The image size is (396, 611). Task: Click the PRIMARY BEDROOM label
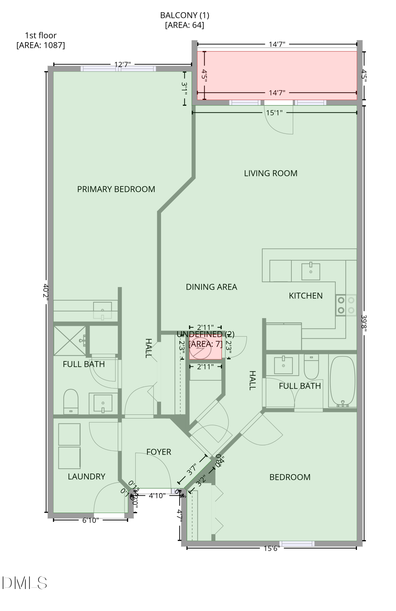tap(116, 189)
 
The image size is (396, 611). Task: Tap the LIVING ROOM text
tap(270, 173)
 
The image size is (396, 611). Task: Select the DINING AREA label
tap(211, 287)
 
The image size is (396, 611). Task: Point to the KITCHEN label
tap(305, 296)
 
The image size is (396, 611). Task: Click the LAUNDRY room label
tap(86, 476)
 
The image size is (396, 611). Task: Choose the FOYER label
tap(159, 452)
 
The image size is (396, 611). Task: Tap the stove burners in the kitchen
tap(346, 305)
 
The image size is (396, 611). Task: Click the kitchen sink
tap(311, 271)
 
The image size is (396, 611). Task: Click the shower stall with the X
tap(70, 341)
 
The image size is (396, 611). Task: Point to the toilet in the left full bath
tap(71, 401)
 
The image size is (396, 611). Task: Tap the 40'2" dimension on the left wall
tap(45, 292)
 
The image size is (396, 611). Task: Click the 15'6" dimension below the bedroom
tap(272, 548)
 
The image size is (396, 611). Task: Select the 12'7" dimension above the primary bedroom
tap(122, 64)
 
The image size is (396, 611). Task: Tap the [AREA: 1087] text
tap(41, 45)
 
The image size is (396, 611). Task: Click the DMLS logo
tap(24, 583)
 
